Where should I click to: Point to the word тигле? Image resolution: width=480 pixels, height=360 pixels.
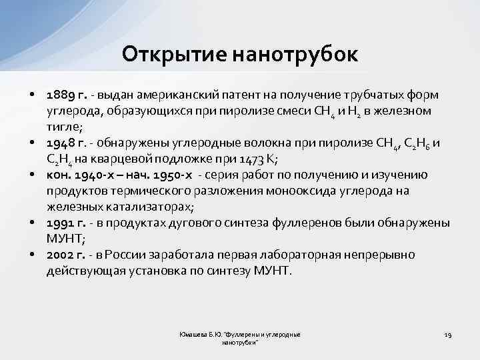[63, 126]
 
